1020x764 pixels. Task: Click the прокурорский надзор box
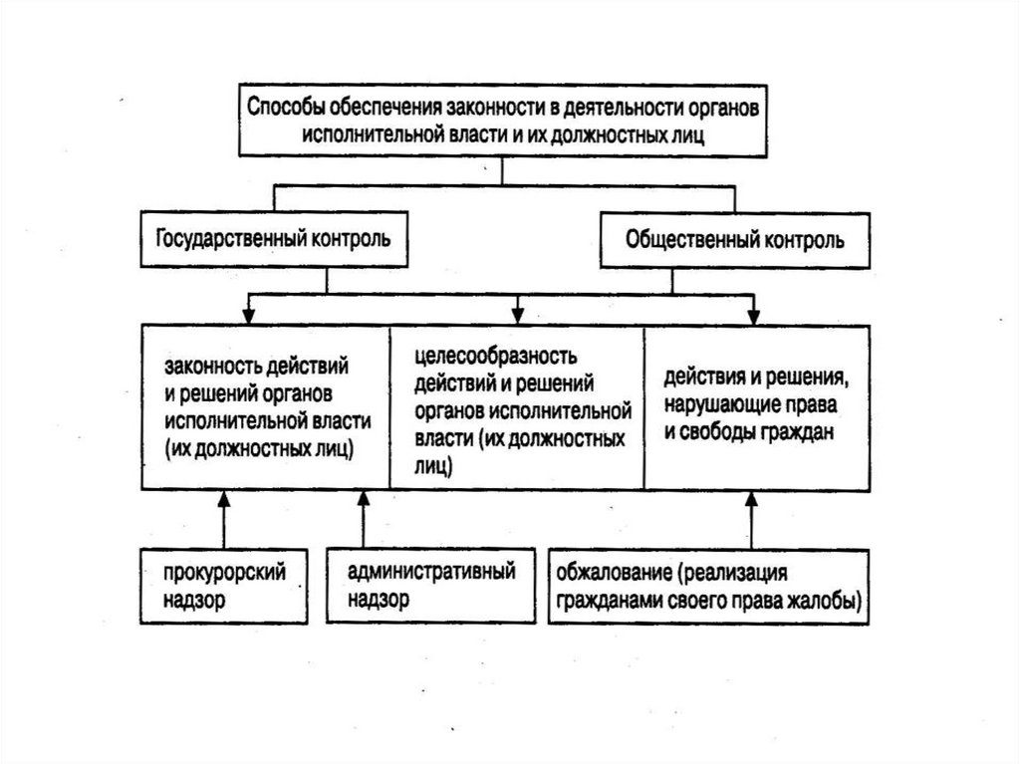(223, 586)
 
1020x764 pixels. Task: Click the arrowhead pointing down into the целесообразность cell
(516, 314)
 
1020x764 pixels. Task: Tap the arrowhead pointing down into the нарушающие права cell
(752, 314)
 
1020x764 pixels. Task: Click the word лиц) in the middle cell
(433, 465)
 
